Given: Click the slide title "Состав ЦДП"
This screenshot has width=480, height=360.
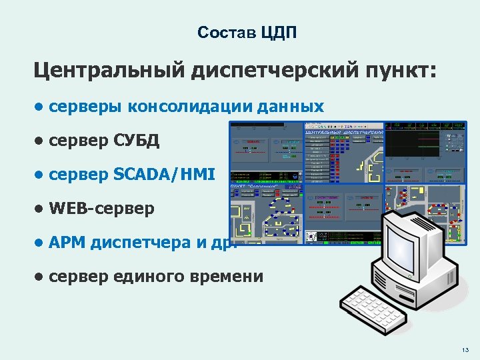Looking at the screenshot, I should point(247,33).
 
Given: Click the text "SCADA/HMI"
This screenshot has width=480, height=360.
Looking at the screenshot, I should point(164,175).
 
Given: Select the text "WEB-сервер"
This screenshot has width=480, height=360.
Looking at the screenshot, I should point(101,209).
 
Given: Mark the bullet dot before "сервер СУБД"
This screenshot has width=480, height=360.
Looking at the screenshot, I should point(40,141).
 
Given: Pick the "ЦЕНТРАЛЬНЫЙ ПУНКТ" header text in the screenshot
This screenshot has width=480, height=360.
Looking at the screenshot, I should point(344,132).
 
